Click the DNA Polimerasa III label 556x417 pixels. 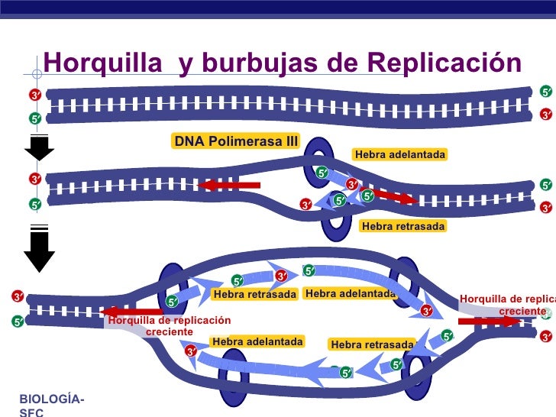tap(236, 141)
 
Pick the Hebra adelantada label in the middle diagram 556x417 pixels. tap(399, 155)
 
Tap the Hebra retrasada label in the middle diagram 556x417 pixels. tap(402, 226)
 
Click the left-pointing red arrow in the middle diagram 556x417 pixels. tap(228, 186)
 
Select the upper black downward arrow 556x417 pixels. tap(39, 147)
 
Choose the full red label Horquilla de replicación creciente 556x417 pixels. tap(169, 326)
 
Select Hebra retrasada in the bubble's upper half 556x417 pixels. tap(254, 294)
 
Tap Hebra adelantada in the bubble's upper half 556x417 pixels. tap(351, 293)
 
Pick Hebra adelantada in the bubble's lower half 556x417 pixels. tap(257, 341)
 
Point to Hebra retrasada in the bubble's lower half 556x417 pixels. tap(372, 345)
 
